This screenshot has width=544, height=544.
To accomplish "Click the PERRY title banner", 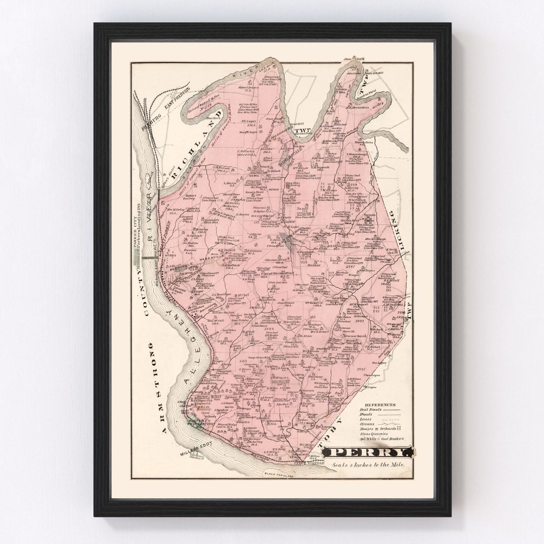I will click(x=368, y=452).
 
